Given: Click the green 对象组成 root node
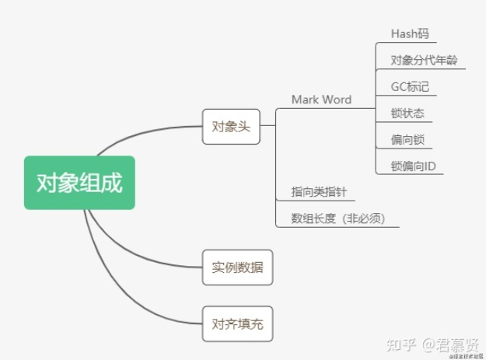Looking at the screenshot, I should (x=79, y=183).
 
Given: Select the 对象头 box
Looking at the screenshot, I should (x=231, y=126).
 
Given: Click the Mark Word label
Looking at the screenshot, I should (x=321, y=100).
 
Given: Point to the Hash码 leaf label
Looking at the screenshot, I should (x=409, y=34).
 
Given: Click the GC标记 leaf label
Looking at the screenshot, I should (x=410, y=86).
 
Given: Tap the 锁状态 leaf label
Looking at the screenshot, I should (x=407, y=114).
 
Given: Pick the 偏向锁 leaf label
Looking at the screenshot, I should (x=407, y=140).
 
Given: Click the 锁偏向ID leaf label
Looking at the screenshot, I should (x=413, y=166).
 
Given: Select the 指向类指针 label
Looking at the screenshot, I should (x=319, y=191).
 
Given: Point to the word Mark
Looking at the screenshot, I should (x=306, y=100).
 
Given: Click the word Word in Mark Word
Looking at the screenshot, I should (x=337, y=100).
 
